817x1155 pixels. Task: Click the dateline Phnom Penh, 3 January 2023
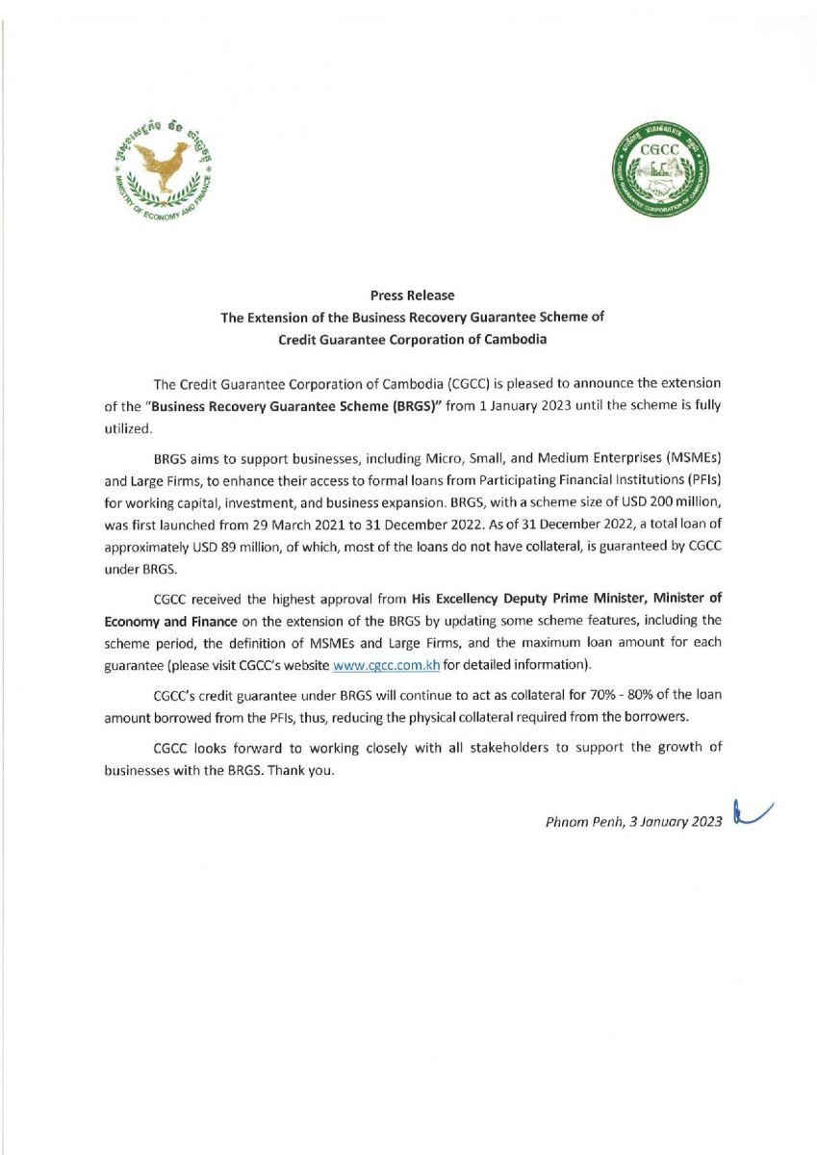click(633, 819)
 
